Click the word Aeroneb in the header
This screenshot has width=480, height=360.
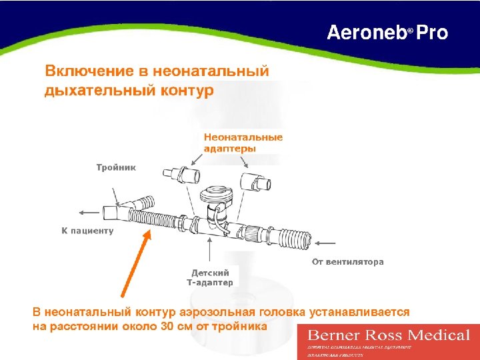(366, 33)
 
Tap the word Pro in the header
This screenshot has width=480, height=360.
(433, 33)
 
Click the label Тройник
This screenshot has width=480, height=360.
(116, 167)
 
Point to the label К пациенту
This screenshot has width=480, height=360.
(87, 231)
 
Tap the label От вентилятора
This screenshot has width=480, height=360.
(348, 262)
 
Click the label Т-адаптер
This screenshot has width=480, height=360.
(210, 282)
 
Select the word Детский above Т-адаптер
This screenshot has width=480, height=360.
(210, 273)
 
